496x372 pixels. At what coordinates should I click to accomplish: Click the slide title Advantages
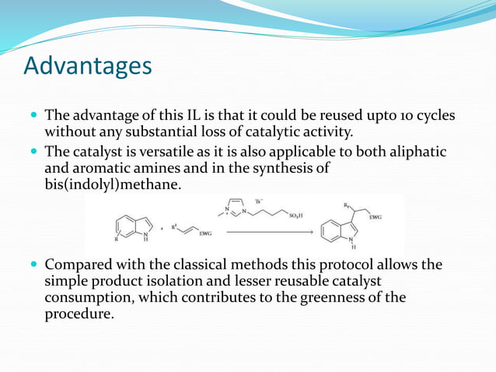tap(88, 66)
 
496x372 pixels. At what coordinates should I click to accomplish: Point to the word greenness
tap(337, 298)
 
